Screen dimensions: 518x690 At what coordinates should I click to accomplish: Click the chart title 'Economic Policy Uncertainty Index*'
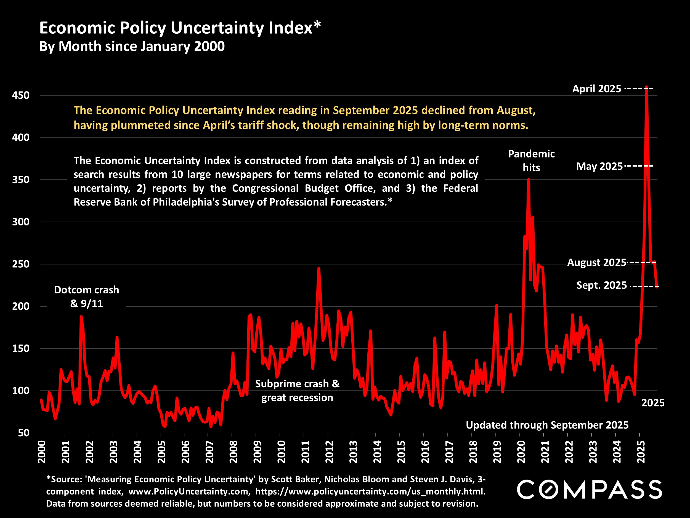(x=180, y=28)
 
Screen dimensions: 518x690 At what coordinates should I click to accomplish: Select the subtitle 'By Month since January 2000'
(x=132, y=46)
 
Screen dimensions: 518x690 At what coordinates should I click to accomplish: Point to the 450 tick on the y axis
(x=21, y=95)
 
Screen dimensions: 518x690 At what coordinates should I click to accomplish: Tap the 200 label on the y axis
(x=21, y=306)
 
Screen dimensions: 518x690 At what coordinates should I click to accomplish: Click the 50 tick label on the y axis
(x=24, y=433)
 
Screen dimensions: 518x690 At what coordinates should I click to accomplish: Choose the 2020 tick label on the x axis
(x=521, y=452)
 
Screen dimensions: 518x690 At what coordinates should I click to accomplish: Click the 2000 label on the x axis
(x=41, y=452)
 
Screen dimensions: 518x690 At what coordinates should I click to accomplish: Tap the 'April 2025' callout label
(x=596, y=89)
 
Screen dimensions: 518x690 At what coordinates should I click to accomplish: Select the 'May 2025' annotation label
(x=599, y=166)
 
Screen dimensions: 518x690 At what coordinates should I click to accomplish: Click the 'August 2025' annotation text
(x=596, y=262)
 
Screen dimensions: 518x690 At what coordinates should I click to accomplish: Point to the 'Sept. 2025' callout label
(x=601, y=285)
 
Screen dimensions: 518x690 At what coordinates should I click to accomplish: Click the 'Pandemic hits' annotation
(x=531, y=161)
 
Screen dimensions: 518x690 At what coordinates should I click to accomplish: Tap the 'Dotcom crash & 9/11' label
(x=86, y=297)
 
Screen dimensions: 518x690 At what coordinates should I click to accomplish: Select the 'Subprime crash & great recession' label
(x=297, y=391)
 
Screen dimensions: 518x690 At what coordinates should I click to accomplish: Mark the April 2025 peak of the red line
(x=646, y=87)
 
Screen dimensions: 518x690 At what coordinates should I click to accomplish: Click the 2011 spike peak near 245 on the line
(x=319, y=268)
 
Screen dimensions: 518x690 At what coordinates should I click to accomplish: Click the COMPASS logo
(x=589, y=490)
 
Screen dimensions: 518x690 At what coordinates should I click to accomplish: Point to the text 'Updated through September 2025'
(x=547, y=425)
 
